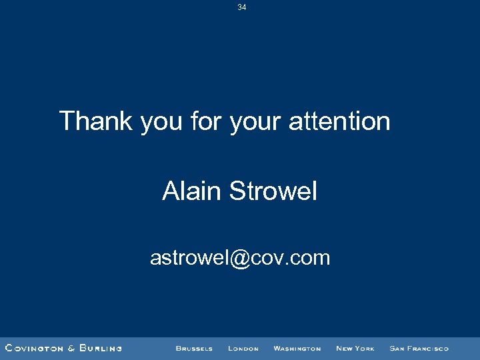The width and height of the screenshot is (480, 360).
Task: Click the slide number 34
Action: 241,7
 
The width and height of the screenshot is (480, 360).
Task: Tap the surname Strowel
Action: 273,192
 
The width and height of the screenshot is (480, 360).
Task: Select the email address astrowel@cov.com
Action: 240,257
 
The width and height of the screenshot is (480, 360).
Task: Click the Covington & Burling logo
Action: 63,348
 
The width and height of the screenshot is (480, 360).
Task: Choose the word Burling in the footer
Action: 100,348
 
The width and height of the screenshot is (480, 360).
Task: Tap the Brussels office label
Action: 194,349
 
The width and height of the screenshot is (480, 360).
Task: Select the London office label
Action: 243,349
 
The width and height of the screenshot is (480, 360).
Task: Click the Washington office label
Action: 297,349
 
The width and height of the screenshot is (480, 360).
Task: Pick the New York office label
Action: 355,349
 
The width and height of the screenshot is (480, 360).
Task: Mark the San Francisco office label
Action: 419,349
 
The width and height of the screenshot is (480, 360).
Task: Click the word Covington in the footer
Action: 35,348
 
